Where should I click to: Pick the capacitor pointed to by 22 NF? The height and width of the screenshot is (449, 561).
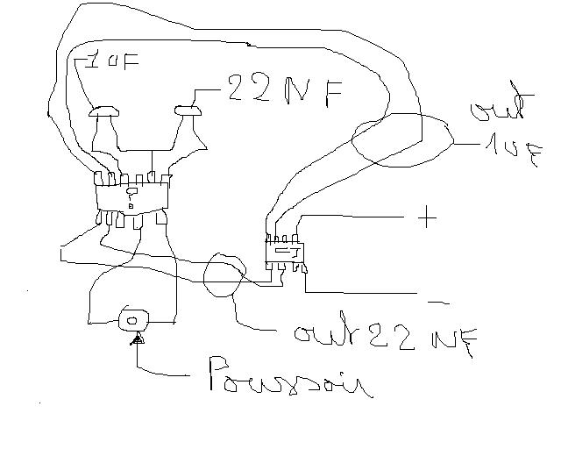tap(189, 110)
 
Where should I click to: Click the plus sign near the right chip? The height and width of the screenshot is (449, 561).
tap(427, 217)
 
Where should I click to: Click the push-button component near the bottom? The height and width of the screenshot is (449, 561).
tap(135, 319)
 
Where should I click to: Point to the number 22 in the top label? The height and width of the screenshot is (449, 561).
tap(245, 90)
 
